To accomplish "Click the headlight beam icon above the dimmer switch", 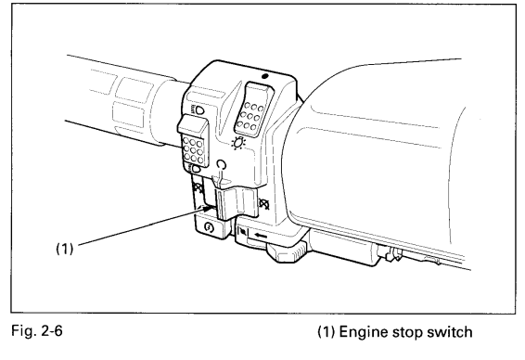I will point(198,109).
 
